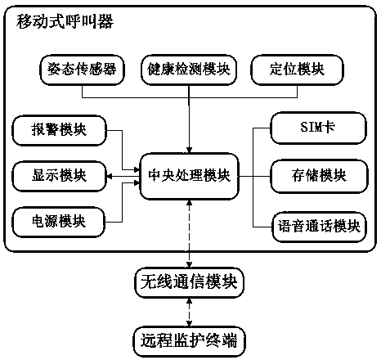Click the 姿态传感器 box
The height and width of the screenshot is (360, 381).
pyautogui.click(x=82, y=70)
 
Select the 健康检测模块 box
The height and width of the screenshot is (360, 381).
pyautogui.click(x=189, y=70)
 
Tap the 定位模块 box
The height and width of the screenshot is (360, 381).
pyautogui.click(x=297, y=70)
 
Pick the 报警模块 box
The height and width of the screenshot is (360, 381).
pyautogui.click(x=59, y=130)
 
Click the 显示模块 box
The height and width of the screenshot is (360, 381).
pyautogui.click(x=59, y=176)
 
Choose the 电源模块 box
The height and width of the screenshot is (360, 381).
pyautogui.click(x=58, y=222)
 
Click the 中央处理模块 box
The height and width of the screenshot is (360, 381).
pyautogui.click(x=189, y=176)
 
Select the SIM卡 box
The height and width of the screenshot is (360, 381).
pyautogui.click(x=318, y=128)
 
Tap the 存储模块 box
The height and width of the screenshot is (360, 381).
pyautogui.click(x=319, y=177)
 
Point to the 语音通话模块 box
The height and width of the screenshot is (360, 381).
pyautogui.click(x=320, y=227)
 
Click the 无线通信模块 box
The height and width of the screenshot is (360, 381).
pyautogui.click(x=189, y=282)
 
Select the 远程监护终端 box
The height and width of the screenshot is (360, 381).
pyautogui.click(x=189, y=341)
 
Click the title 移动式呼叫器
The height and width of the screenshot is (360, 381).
pyautogui.click(x=65, y=21)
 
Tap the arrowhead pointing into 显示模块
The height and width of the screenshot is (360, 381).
pyautogui.click(x=109, y=177)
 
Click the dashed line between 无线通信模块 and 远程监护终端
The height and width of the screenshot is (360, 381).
pyautogui.click(x=189, y=313)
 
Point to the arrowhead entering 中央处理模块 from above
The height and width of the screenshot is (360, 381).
pyautogui.click(x=189, y=151)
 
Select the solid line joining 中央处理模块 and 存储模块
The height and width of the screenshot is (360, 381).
pyautogui.click(x=254, y=177)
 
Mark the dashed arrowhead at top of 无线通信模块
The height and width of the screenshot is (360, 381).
pyautogui.click(x=189, y=264)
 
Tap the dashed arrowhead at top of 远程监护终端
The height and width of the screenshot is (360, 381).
pyautogui.click(x=189, y=323)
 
